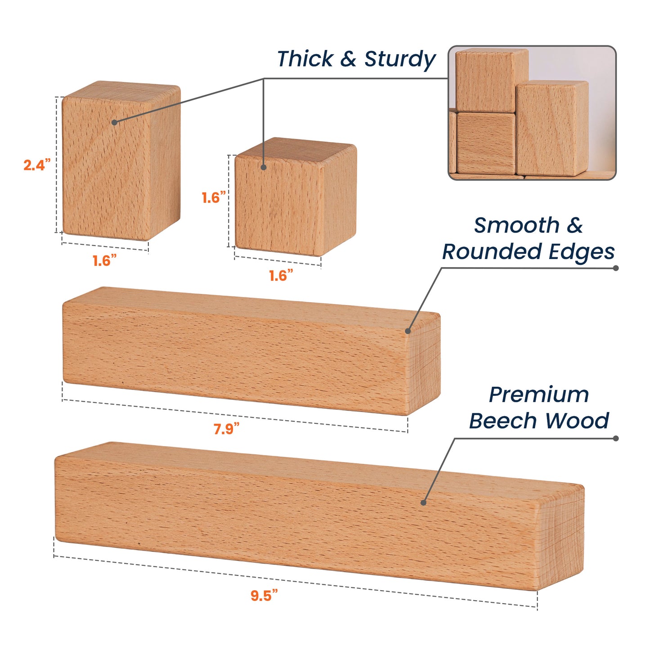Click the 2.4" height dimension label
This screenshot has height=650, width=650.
tap(37, 165)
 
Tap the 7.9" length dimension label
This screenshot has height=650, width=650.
tap(226, 428)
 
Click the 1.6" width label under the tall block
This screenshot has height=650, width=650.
tap(104, 260)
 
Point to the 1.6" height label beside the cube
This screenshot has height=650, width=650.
tap(214, 197)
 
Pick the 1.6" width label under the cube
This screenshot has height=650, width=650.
tap(281, 275)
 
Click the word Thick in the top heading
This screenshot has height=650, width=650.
tap(305, 59)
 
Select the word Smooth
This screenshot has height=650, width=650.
tap(516, 225)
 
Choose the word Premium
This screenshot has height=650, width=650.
tap(539, 394)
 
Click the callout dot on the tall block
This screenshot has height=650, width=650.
tap(114, 122)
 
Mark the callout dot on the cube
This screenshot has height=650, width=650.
tap(264, 167)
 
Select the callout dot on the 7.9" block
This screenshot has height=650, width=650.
tap(408, 331)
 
